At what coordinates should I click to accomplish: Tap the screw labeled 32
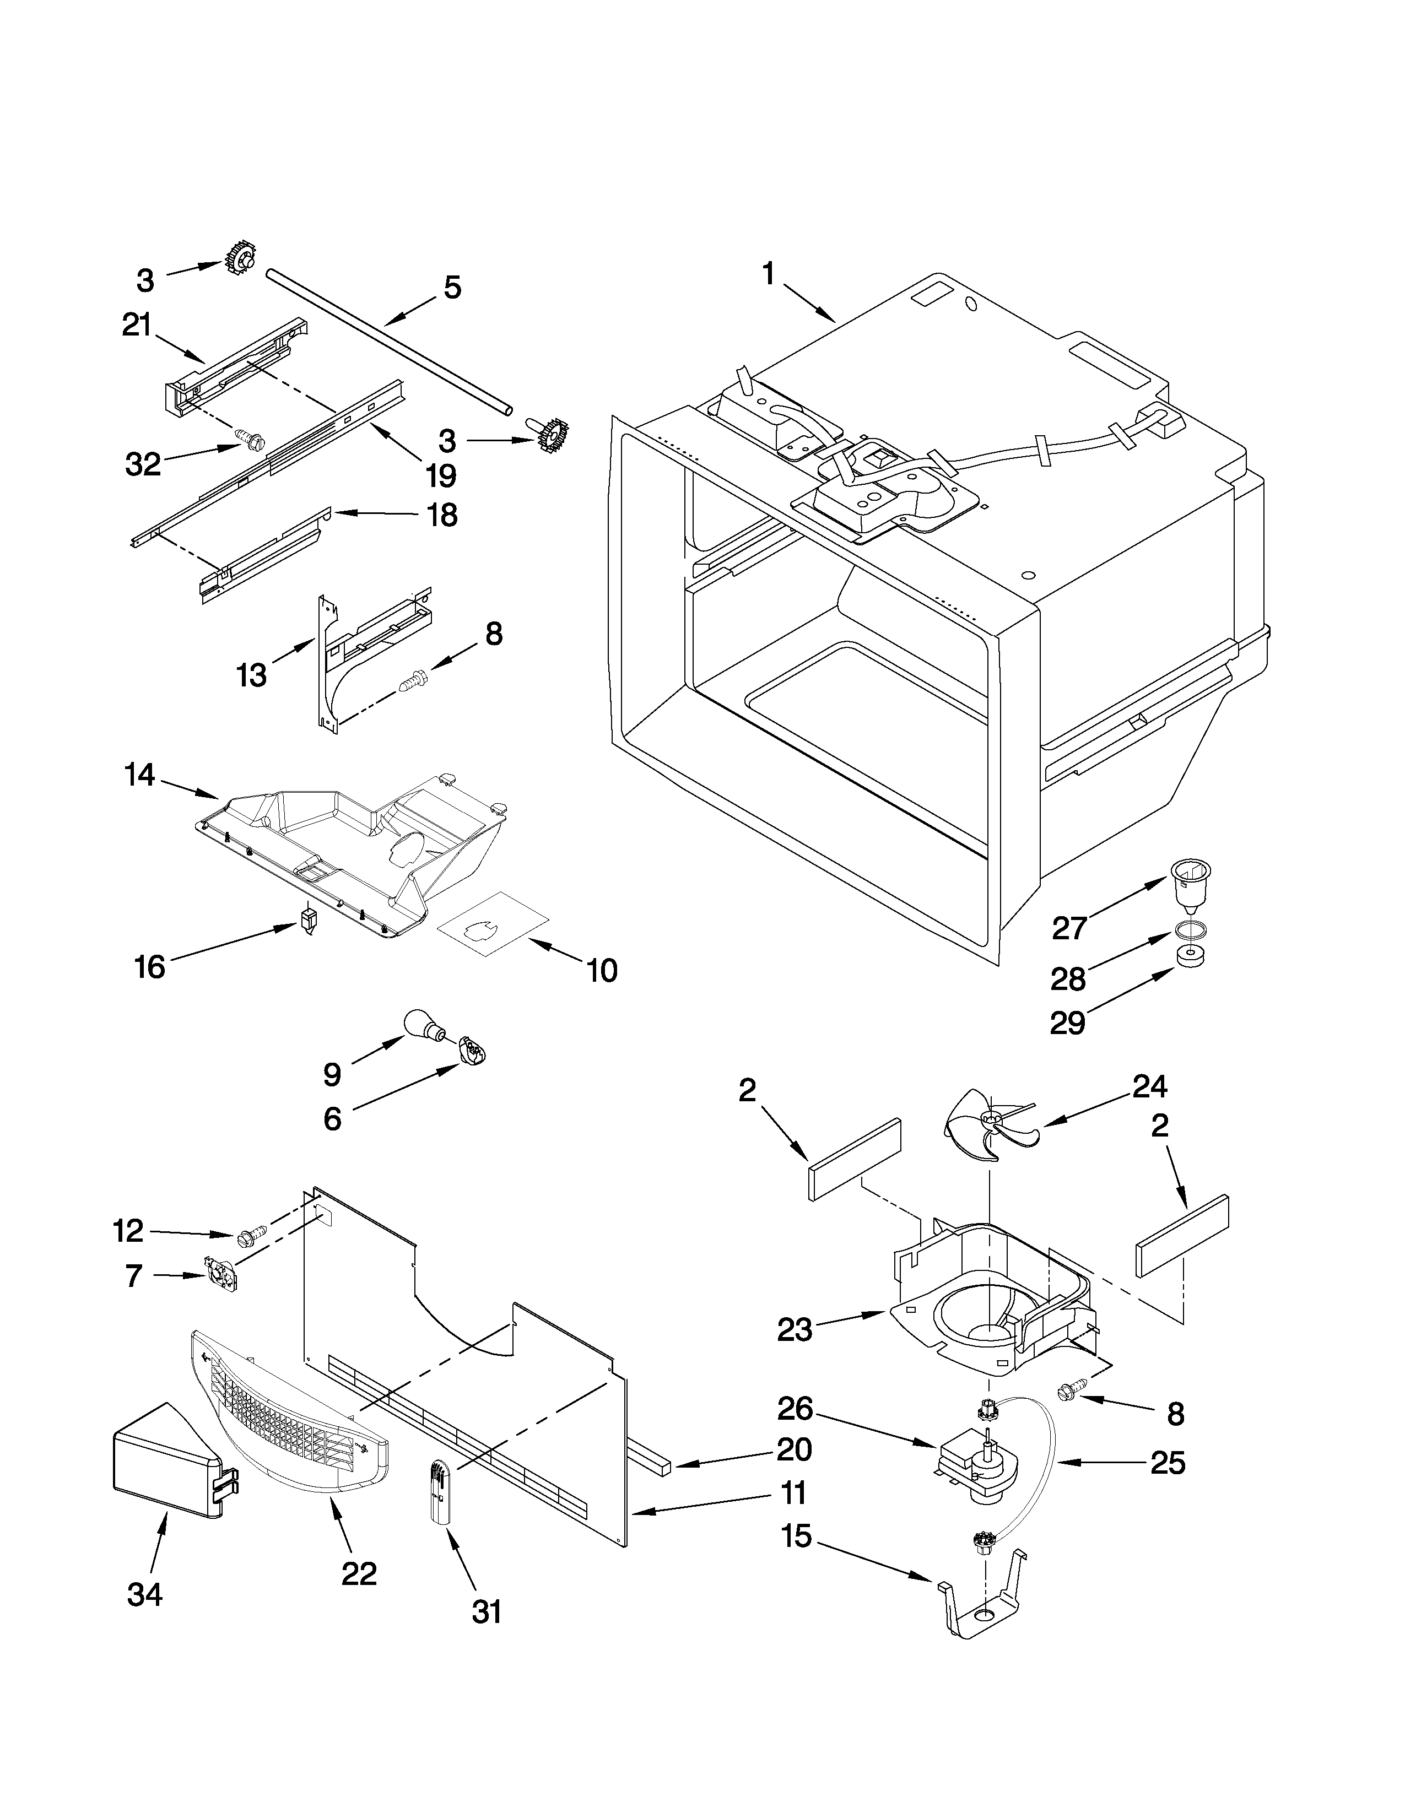[x=248, y=438]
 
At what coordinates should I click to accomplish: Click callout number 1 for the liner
[x=768, y=274]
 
